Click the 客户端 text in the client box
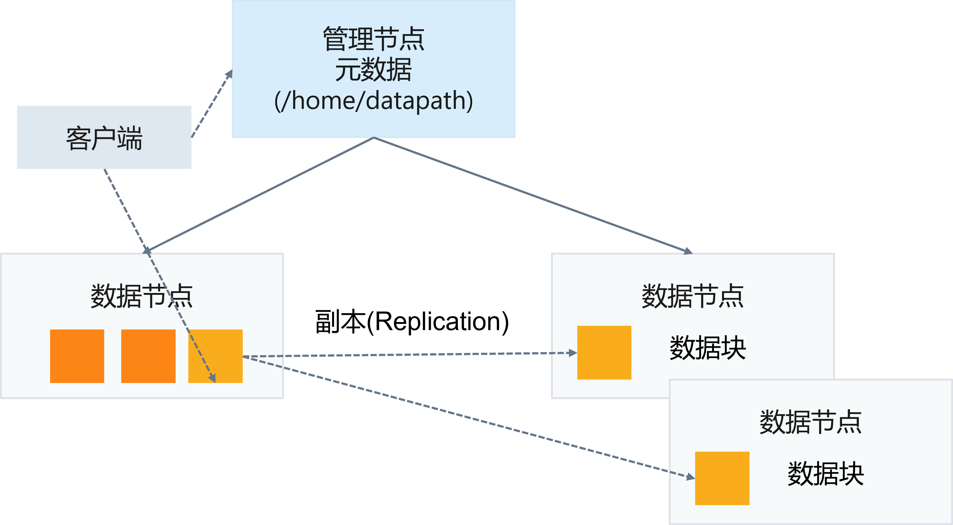click(104, 138)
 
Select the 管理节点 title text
click(373, 39)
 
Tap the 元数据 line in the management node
click(373, 70)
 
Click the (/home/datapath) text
click(373, 101)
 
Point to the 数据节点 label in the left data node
click(142, 296)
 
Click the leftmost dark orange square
click(77, 356)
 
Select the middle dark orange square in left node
click(148, 356)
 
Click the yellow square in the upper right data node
click(604, 352)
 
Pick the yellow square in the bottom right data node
click(722, 478)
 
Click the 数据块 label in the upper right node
click(708, 348)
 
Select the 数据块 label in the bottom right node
click(825, 474)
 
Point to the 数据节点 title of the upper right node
click(693, 296)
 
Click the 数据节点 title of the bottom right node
click(810, 422)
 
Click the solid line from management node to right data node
click(533, 195)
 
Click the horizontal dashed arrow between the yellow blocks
click(407, 355)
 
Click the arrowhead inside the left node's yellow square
click(212, 378)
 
